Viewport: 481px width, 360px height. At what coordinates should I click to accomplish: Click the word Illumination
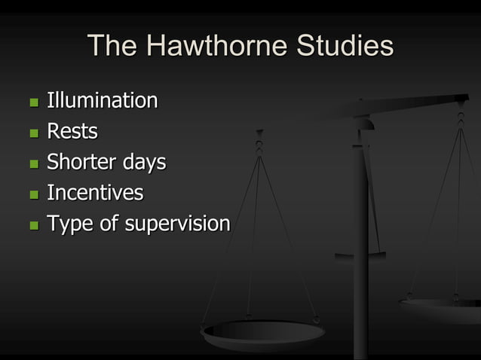pyautogui.click(x=103, y=100)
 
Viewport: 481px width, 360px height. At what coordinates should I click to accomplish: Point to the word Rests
pyautogui.click(x=72, y=132)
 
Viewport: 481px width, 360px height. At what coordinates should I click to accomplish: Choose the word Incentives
pyautogui.click(x=95, y=193)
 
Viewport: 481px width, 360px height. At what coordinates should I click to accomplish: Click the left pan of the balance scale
pyautogui.click(x=262, y=331)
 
